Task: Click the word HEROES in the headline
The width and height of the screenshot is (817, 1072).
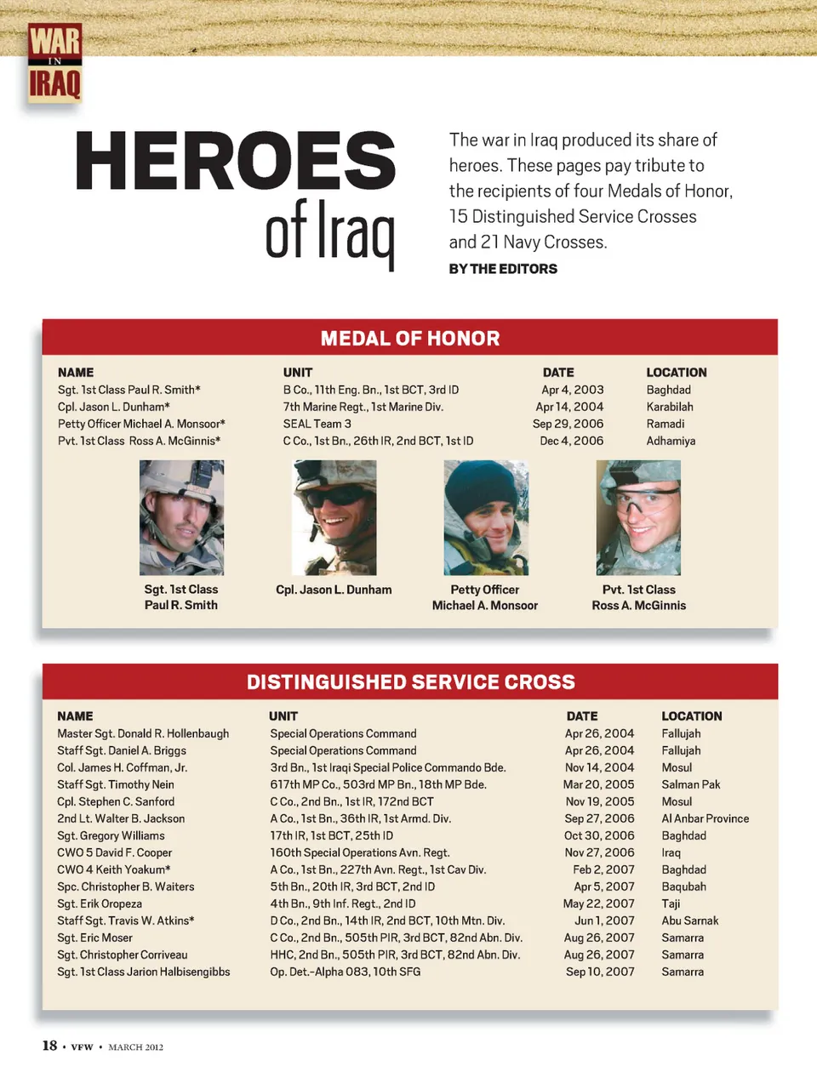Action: pyautogui.click(x=236, y=161)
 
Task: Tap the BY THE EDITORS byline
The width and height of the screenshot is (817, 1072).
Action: pyautogui.click(x=503, y=269)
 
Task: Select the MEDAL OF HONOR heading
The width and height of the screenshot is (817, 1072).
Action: pyautogui.click(x=410, y=339)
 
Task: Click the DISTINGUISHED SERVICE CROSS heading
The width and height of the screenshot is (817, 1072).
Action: pyautogui.click(x=410, y=682)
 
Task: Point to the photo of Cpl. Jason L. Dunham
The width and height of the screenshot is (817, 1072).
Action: pyautogui.click(x=334, y=517)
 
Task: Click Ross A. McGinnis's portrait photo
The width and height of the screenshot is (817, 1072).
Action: pyautogui.click(x=638, y=517)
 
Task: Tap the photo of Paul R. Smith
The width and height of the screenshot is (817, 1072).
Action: pyautogui.click(x=181, y=517)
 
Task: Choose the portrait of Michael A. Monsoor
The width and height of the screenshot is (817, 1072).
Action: pyautogui.click(x=486, y=517)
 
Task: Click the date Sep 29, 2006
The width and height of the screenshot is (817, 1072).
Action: pyautogui.click(x=568, y=424)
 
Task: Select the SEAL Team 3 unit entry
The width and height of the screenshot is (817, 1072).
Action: pyautogui.click(x=317, y=424)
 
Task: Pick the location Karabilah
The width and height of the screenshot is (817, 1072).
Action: pyautogui.click(x=670, y=407)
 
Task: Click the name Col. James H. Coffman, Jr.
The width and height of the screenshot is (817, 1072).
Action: pyautogui.click(x=123, y=767)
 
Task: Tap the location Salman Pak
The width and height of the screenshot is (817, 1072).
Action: pyautogui.click(x=691, y=784)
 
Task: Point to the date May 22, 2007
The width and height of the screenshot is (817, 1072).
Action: pyautogui.click(x=599, y=904)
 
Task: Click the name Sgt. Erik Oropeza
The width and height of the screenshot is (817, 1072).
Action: pyautogui.click(x=100, y=904)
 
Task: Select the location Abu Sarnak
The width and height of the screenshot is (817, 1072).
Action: pyautogui.click(x=690, y=921)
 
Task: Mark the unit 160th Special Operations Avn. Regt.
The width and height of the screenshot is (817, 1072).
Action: pyautogui.click(x=360, y=852)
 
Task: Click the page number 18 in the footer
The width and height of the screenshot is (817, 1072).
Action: pyautogui.click(x=50, y=1046)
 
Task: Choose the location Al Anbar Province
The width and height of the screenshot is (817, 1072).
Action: pyautogui.click(x=706, y=818)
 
